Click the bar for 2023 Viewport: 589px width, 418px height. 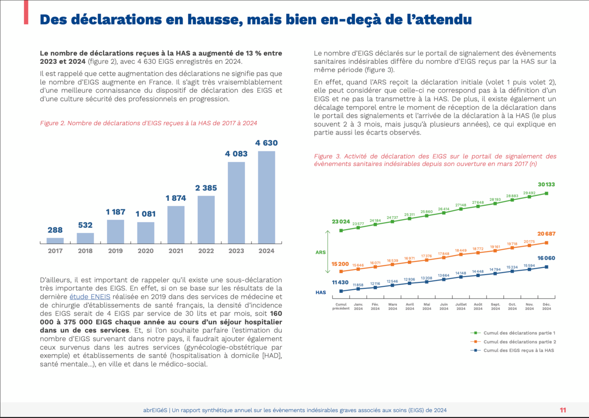[236, 202]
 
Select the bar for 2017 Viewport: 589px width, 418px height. [55, 241]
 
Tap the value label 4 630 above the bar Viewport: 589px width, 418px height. [267, 143]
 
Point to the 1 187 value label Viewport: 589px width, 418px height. [116, 212]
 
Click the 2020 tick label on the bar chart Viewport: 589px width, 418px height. [146, 251]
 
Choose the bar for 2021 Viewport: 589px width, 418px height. [176, 224]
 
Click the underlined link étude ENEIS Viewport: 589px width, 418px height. [91, 296]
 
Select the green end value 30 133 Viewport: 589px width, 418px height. [546, 185]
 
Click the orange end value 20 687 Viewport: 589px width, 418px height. [546, 234]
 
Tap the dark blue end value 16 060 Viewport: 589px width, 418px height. [546, 258]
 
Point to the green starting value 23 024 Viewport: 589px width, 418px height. [340, 222]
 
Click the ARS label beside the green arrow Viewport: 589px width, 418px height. [321, 252]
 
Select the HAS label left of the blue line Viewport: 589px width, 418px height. [321, 292]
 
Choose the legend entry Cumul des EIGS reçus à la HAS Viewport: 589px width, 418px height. [515, 350]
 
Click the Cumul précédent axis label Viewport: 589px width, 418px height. [341, 307]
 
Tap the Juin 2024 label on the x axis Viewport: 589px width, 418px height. [444, 307]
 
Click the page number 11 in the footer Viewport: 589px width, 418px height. [563, 410]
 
